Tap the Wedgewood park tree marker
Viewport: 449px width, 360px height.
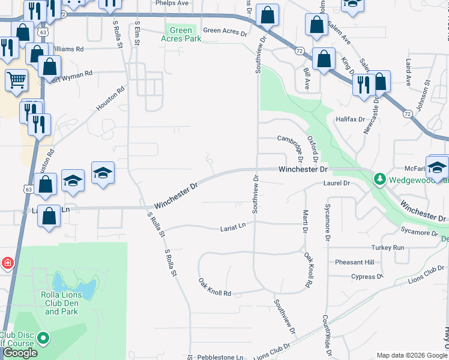[x=379, y=179]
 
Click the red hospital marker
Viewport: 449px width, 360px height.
[x=7, y=263]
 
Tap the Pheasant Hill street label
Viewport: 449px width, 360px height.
[x=354, y=262]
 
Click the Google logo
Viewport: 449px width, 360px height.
[x=20, y=353]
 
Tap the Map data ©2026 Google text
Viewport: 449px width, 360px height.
[x=412, y=355]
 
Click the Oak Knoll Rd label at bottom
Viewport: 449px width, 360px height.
[x=215, y=287]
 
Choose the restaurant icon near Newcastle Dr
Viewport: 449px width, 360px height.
[x=363, y=85]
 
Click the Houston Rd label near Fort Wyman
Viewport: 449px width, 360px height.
[x=110, y=100]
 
